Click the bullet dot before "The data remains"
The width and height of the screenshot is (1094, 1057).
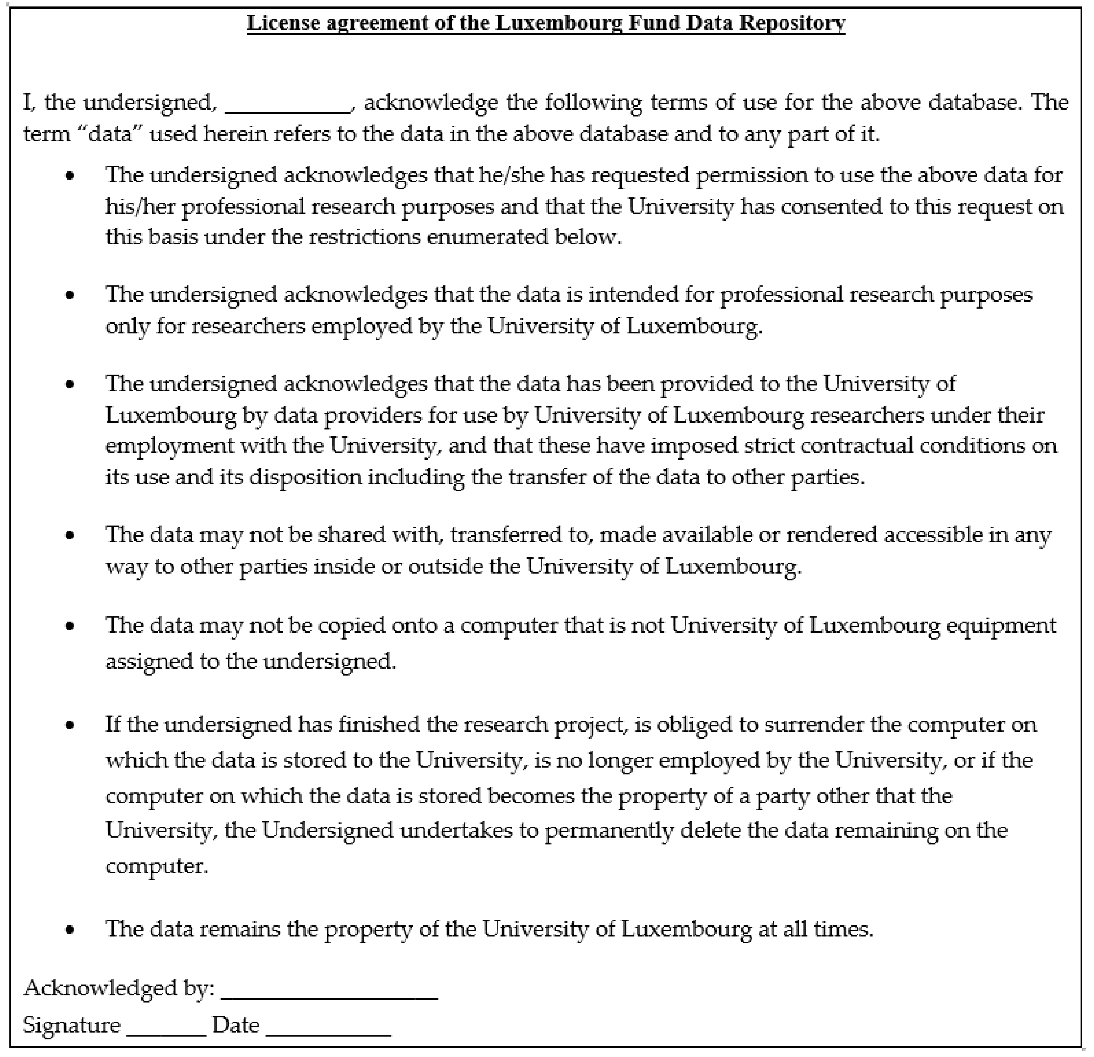[x=70, y=930]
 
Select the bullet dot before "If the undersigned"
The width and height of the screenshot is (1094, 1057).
[x=70, y=726]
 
